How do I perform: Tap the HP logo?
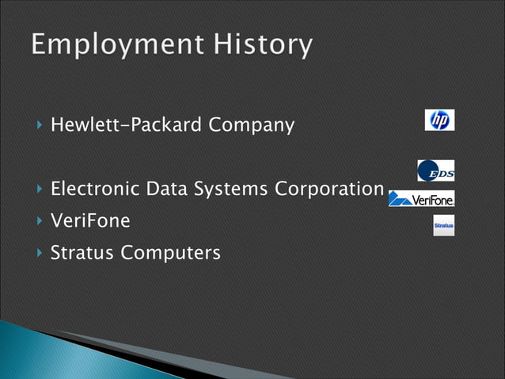point(439,120)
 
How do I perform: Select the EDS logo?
point(435,170)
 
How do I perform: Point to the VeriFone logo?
point(421,199)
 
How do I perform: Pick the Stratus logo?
point(443,226)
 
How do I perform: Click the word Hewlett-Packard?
point(117,125)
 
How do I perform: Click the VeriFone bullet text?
point(89,221)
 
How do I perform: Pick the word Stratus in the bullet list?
point(81,253)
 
